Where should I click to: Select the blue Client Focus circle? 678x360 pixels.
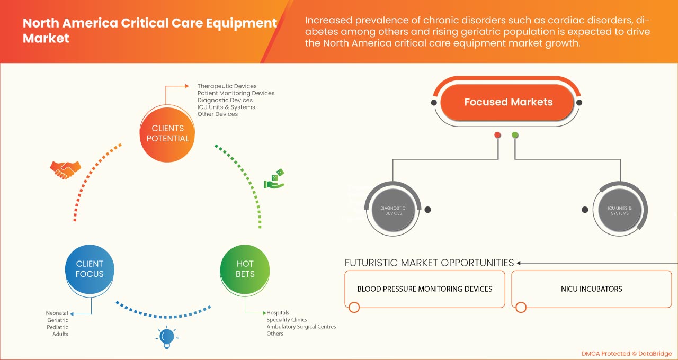coord(90,269)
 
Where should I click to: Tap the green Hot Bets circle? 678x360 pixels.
coord(245,269)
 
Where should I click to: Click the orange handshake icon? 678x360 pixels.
coord(65,169)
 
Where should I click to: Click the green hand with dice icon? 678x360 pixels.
coord(274,179)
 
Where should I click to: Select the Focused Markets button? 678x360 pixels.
coord(508,102)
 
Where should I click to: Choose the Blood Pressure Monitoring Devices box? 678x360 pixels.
coord(424,289)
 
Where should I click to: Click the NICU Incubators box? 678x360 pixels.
coord(591,289)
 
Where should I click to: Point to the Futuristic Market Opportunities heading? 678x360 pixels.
coord(429,263)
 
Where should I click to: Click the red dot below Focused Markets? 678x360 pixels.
coord(497,135)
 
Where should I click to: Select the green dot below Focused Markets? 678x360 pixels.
coord(515,135)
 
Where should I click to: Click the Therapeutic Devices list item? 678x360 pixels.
coord(227,86)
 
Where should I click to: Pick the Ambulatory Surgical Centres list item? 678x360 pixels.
coord(301,327)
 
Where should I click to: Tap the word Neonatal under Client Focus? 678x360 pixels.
coord(57,313)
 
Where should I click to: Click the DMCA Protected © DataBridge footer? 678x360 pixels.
coord(626,353)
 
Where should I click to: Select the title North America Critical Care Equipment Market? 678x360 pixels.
coord(149,31)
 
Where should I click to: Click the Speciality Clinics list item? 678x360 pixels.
coord(286,320)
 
